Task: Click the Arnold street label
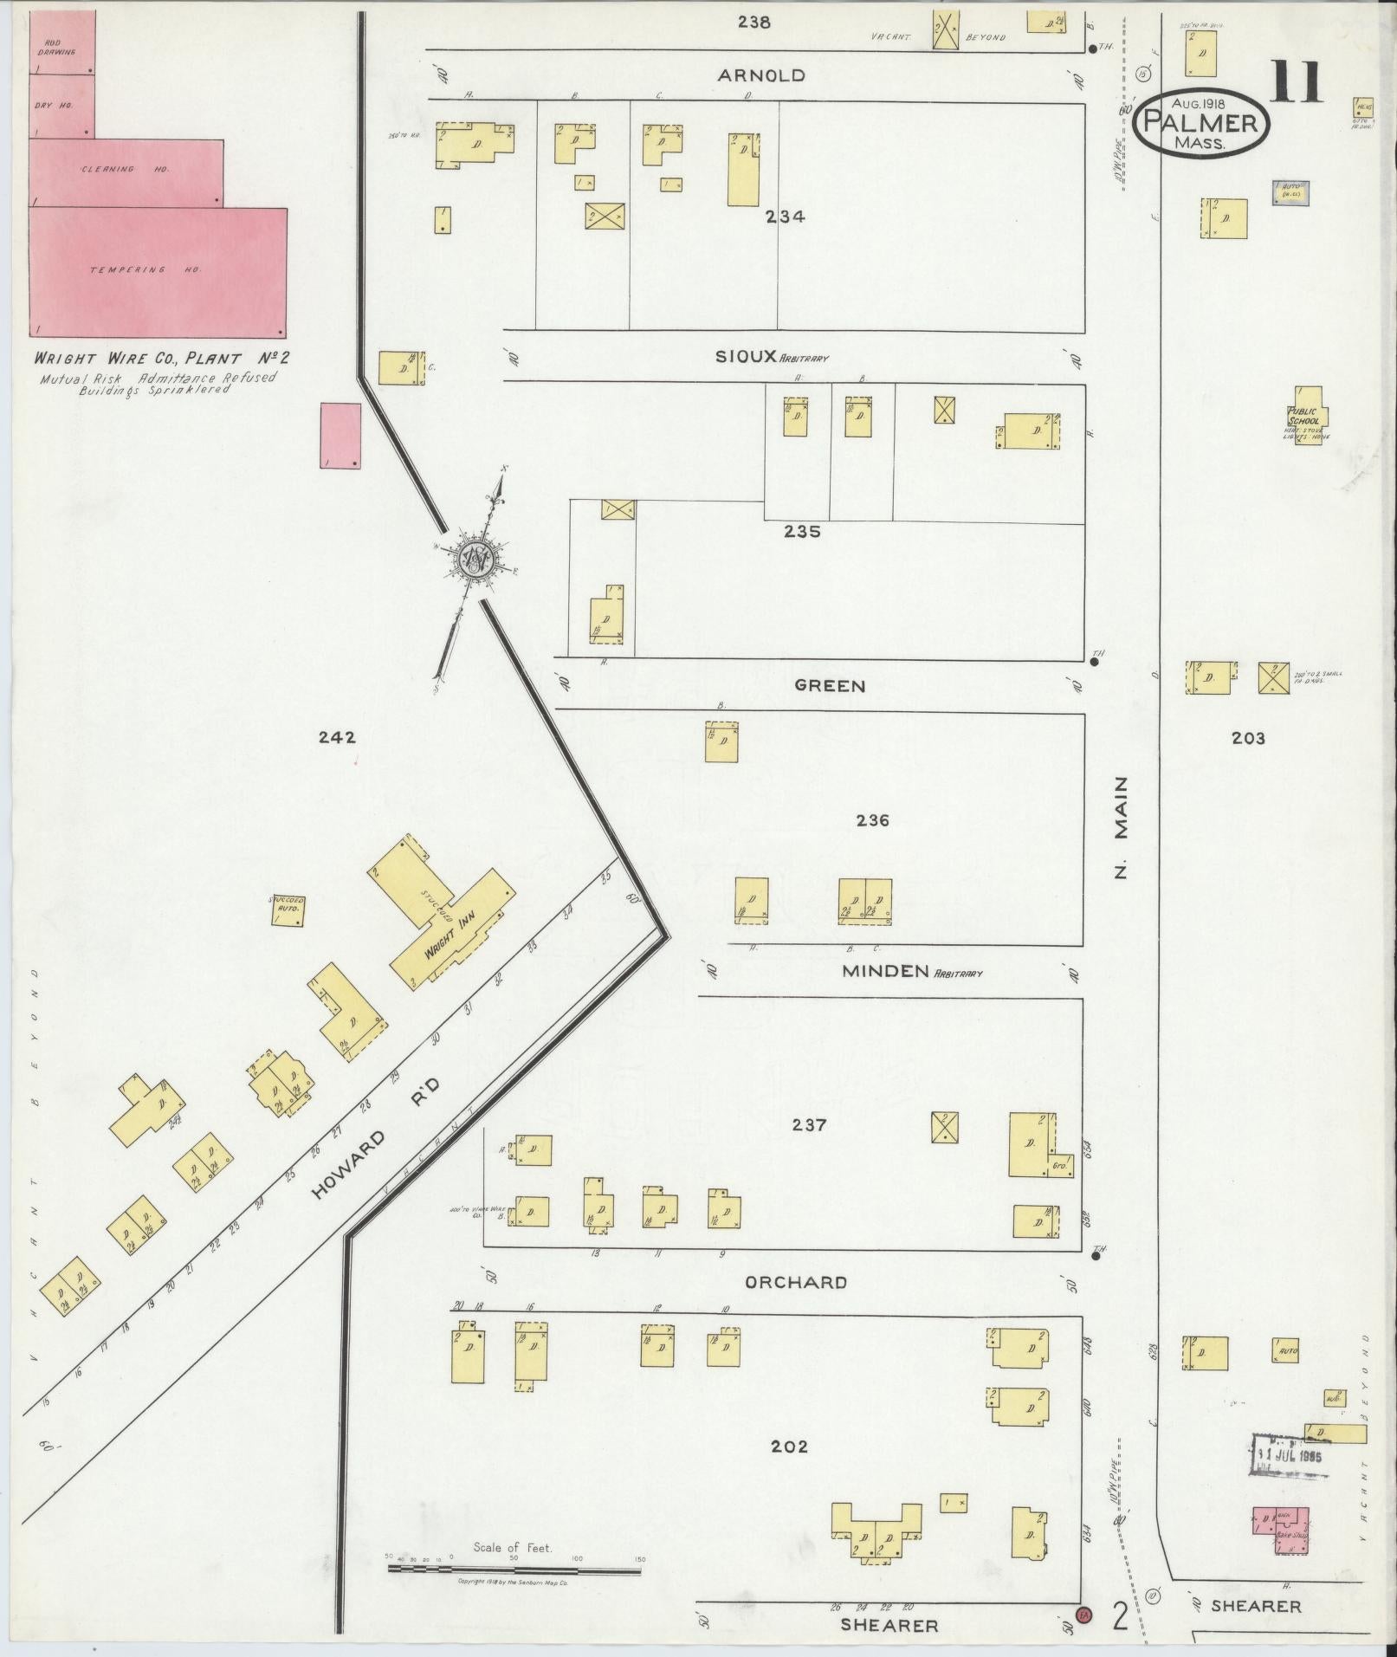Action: coord(760,75)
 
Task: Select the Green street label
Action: coord(830,686)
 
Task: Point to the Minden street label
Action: coord(885,971)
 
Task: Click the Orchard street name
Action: coord(795,1282)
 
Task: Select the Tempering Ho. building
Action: coord(158,271)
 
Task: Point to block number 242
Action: coord(336,738)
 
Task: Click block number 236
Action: coord(872,820)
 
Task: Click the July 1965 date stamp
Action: coord(1288,1454)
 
